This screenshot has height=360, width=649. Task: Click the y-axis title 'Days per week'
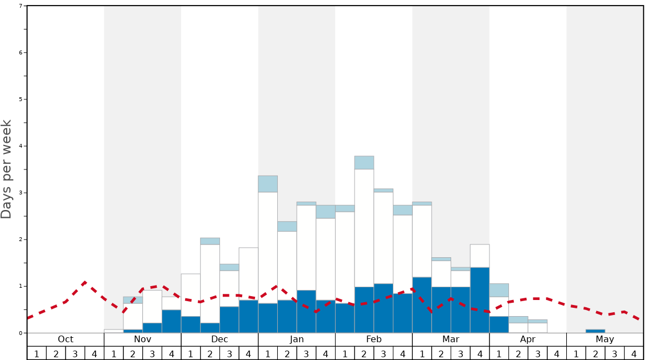click(7, 169)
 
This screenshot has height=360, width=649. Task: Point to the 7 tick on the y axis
click(21, 6)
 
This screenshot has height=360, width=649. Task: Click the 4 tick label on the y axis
click(21, 146)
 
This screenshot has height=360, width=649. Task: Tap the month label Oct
click(66, 339)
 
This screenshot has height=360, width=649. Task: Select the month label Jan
click(297, 339)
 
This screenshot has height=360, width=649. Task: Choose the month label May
click(605, 339)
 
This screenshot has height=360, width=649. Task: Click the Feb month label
click(374, 339)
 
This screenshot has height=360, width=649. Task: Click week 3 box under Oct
click(75, 353)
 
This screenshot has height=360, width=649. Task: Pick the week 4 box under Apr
click(557, 353)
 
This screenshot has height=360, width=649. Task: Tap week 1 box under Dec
click(191, 353)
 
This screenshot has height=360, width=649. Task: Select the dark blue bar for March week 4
click(480, 300)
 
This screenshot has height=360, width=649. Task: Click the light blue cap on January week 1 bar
click(268, 184)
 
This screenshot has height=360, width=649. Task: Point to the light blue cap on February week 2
click(364, 163)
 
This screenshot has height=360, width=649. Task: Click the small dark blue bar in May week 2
click(595, 331)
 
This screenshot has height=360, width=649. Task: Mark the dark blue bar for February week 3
click(383, 308)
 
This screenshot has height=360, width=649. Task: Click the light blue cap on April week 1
click(499, 290)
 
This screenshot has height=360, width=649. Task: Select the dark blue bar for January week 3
click(306, 311)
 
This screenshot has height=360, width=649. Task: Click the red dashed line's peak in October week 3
click(84, 282)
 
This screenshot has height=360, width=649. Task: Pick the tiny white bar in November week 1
click(113, 331)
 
